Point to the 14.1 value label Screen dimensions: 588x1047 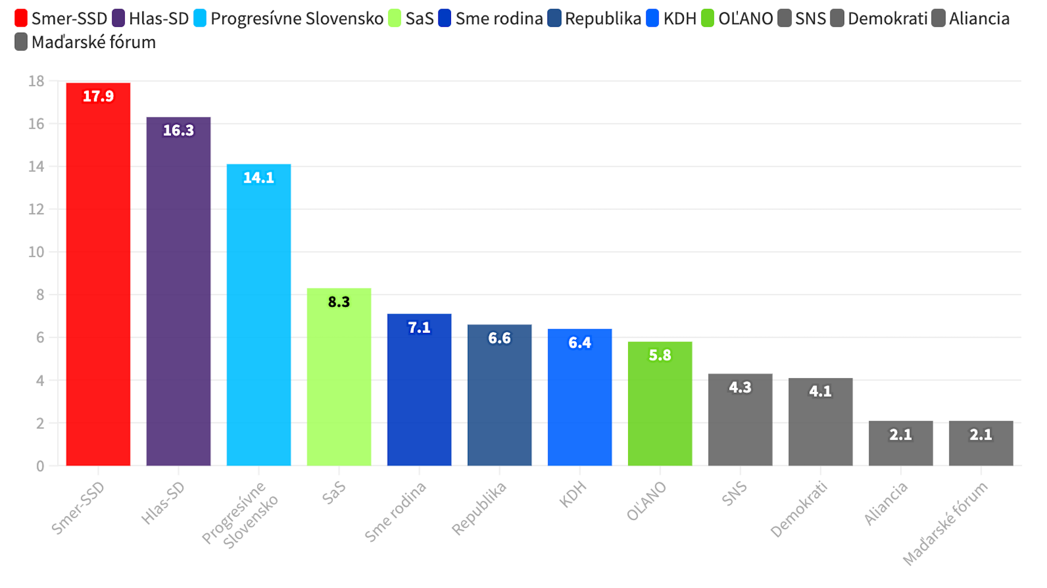coord(258,178)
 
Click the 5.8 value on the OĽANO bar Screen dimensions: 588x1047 coord(660,355)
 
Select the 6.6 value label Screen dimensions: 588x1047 coord(500,338)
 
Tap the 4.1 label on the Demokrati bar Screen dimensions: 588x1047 coord(820,391)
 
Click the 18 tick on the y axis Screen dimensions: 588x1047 coord(36,81)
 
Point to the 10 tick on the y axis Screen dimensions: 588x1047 coord(36,252)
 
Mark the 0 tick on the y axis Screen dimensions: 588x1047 coord(40,466)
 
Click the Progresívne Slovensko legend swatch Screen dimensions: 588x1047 coord(200,19)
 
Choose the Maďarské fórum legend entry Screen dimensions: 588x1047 coord(93,42)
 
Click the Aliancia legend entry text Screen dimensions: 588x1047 coord(979,19)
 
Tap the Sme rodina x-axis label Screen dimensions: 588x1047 coord(395,513)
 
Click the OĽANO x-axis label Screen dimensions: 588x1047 coord(647,501)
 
